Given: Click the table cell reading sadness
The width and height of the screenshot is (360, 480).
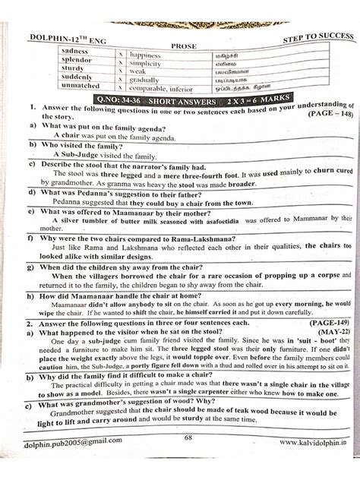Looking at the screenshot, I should pyautogui.click(x=74, y=51).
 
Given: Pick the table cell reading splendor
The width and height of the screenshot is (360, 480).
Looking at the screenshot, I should pyautogui.click(x=75, y=61).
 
